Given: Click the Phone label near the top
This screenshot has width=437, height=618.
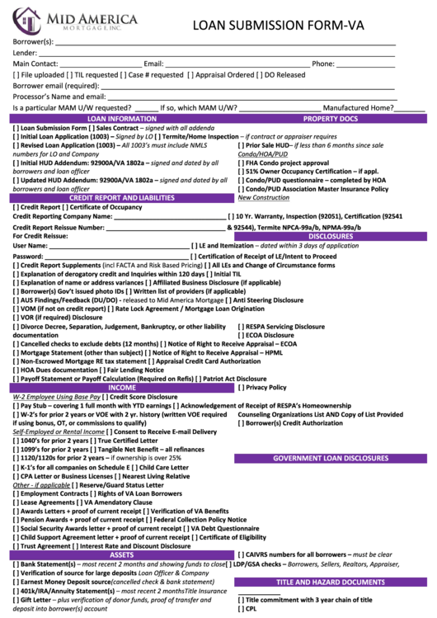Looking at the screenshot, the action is coord(322,64).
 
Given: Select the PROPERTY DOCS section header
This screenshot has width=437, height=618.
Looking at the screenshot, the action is coord(331,119).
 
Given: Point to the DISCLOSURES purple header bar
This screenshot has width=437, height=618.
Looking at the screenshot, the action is coord(331,236).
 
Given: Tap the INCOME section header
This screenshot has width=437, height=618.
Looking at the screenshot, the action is coord(121,387).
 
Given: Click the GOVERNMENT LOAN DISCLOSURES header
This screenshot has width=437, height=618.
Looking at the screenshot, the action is coord(331,458).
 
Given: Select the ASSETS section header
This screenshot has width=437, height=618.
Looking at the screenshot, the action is coord(121,554).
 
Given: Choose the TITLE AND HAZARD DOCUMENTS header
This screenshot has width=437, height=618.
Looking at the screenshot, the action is coord(331,582).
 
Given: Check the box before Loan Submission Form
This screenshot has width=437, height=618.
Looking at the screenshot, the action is coord(16,129).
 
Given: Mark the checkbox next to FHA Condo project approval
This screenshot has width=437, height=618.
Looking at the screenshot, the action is coord(240,163).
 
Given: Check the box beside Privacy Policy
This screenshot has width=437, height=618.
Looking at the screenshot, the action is coord(240,387).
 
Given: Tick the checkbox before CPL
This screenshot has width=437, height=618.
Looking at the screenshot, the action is coord(240,609).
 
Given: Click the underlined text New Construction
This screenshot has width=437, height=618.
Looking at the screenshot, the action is coord(263,198).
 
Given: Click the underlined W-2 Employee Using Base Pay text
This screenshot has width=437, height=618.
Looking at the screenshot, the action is coord(56,397).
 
